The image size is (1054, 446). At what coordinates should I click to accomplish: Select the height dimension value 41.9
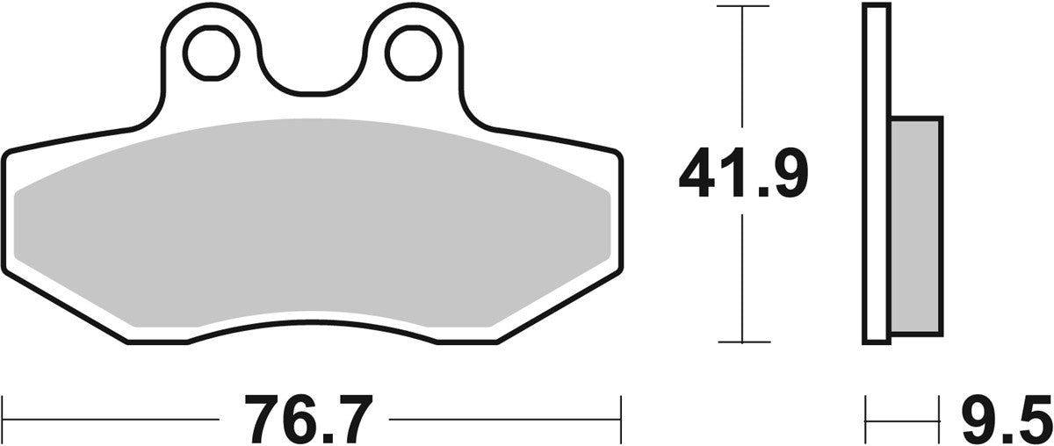(x=743, y=174)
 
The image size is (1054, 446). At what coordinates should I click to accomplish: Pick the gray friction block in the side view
(x=915, y=227)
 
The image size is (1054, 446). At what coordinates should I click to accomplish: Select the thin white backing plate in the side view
(x=874, y=176)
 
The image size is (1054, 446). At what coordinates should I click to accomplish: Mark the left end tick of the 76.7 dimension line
(x=4, y=409)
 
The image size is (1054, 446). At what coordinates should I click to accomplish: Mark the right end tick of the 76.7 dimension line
(x=621, y=409)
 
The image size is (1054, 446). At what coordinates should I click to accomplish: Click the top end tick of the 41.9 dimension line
(x=744, y=6)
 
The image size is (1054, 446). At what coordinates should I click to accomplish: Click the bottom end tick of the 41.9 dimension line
(x=744, y=342)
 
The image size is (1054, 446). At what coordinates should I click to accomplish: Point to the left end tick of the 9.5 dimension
(x=867, y=409)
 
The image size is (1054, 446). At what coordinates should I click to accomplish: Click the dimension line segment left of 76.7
(x=114, y=409)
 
